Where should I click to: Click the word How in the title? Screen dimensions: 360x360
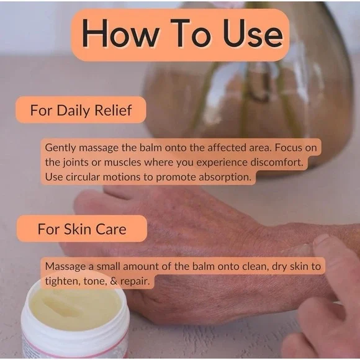[x=120, y=34]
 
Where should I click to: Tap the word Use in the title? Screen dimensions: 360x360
[x=253, y=34]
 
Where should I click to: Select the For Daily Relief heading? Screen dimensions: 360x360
[x=81, y=110]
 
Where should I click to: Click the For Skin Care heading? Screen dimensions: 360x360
[x=82, y=229]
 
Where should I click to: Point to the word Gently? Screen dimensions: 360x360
[x=60, y=148]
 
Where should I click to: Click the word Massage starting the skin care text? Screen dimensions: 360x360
[x=66, y=266]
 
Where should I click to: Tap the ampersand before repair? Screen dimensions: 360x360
[x=114, y=281]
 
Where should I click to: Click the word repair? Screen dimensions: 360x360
[x=135, y=281]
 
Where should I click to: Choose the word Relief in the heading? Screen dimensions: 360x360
[x=113, y=110]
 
